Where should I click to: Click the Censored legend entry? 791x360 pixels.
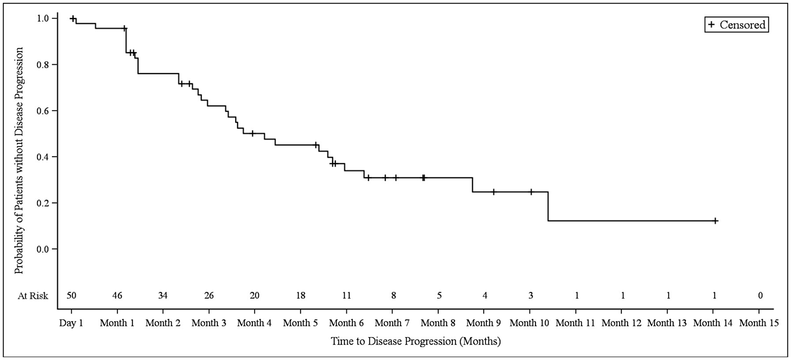coord(736,25)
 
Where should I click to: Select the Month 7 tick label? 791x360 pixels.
coord(392,323)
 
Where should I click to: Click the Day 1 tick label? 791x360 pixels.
coord(71,323)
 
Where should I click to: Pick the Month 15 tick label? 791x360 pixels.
coord(759,323)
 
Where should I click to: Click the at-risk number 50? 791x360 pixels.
coord(71,296)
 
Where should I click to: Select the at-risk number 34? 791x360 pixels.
coord(163,296)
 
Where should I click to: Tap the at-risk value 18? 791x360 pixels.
coord(301,296)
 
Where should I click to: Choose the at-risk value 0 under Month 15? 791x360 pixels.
coord(760,296)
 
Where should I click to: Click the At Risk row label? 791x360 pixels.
coord(33,296)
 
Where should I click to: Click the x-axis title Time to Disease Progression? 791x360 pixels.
coord(416,341)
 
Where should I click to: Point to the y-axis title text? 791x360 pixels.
coord(19,160)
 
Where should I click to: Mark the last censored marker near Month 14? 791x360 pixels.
coord(715,221)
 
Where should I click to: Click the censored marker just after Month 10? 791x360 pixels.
coord(531,192)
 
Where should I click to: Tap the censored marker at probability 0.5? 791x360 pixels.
coord(253,133)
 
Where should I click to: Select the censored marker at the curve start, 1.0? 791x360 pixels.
coord(72,18)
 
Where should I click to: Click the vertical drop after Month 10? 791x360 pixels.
coord(548,206)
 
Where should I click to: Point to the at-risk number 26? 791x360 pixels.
coord(209,296)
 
